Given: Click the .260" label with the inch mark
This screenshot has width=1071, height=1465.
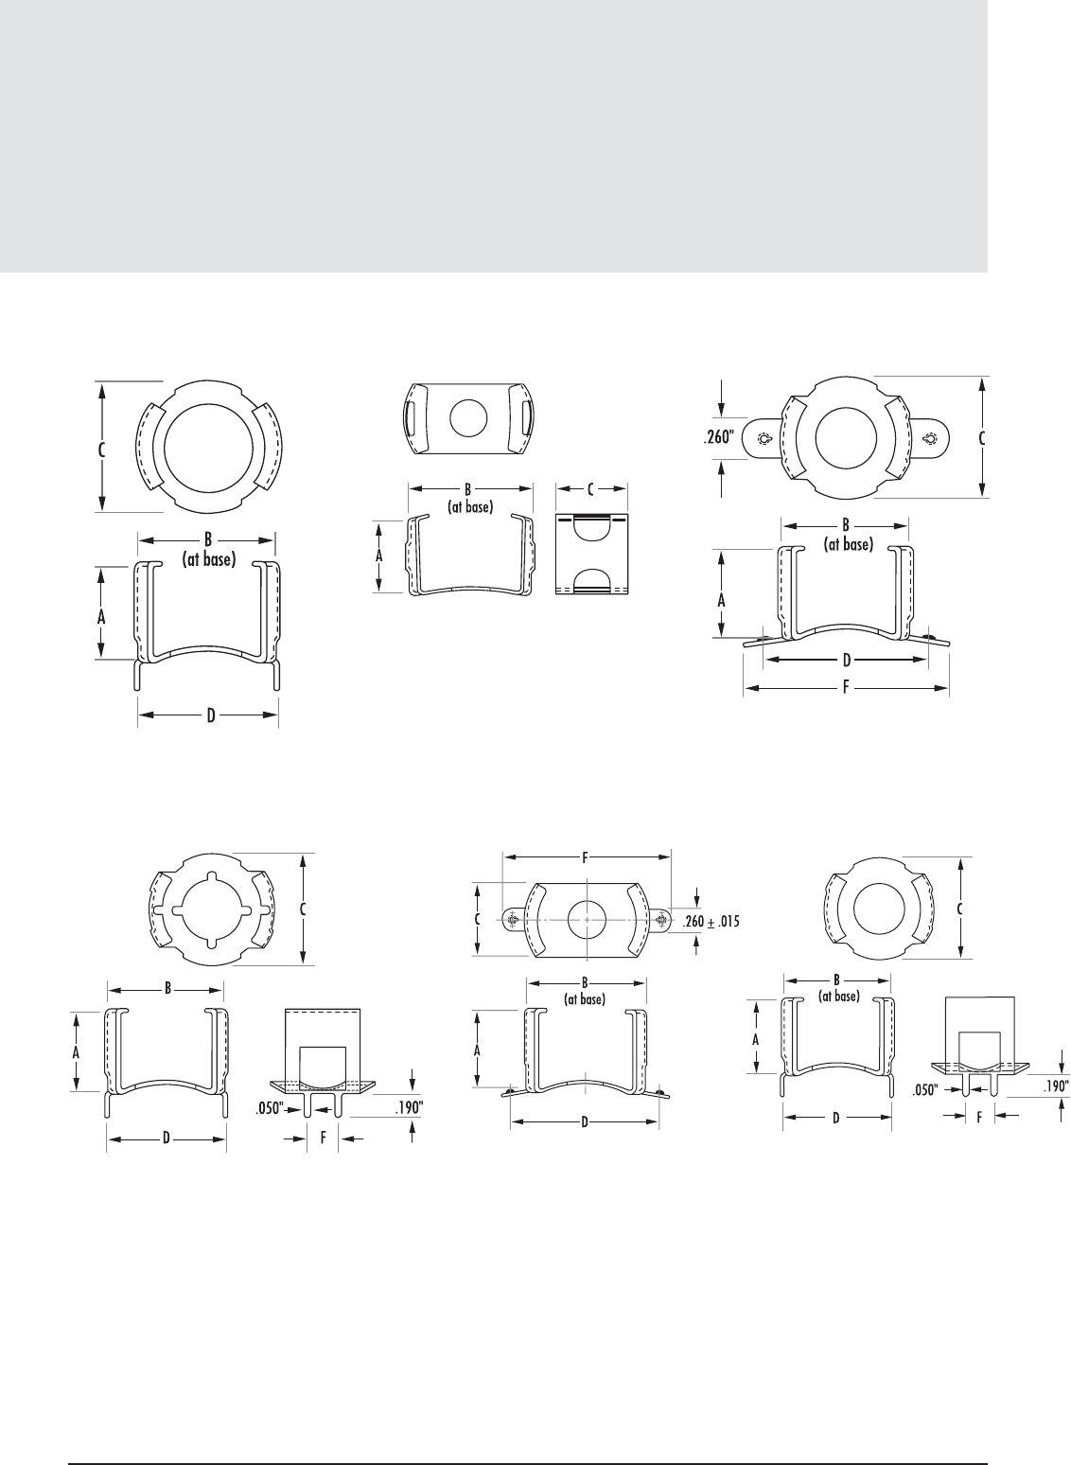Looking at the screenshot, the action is point(720,437).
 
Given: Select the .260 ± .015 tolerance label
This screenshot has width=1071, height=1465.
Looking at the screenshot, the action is point(711,922).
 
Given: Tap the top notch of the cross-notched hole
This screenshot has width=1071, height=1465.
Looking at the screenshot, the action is point(213,878).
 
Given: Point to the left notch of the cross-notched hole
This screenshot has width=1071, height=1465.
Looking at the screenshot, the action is point(177,909).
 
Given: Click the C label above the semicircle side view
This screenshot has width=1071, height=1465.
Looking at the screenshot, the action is point(590,490).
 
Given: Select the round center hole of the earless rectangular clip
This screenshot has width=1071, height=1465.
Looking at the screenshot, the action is point(469,418).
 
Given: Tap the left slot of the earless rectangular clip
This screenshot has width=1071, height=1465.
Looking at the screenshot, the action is point(410,416).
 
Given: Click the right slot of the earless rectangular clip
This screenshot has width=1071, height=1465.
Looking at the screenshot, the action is point(527,416).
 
